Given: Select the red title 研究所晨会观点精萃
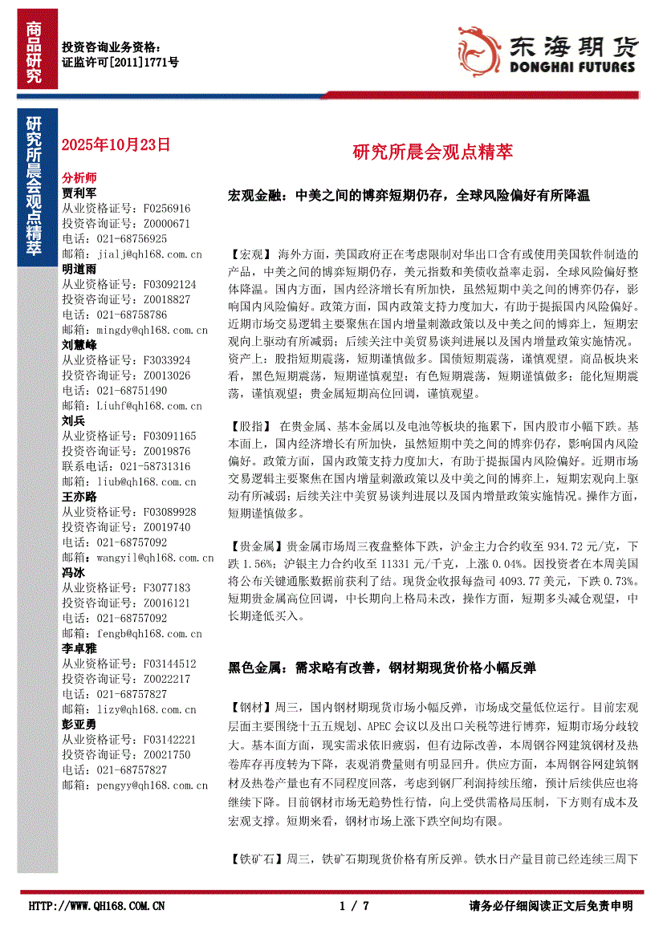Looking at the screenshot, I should (x=433, y=152).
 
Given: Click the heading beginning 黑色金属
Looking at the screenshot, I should (x=382, y=667).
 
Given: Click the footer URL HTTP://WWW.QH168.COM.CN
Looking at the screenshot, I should (x=97, y=906).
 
